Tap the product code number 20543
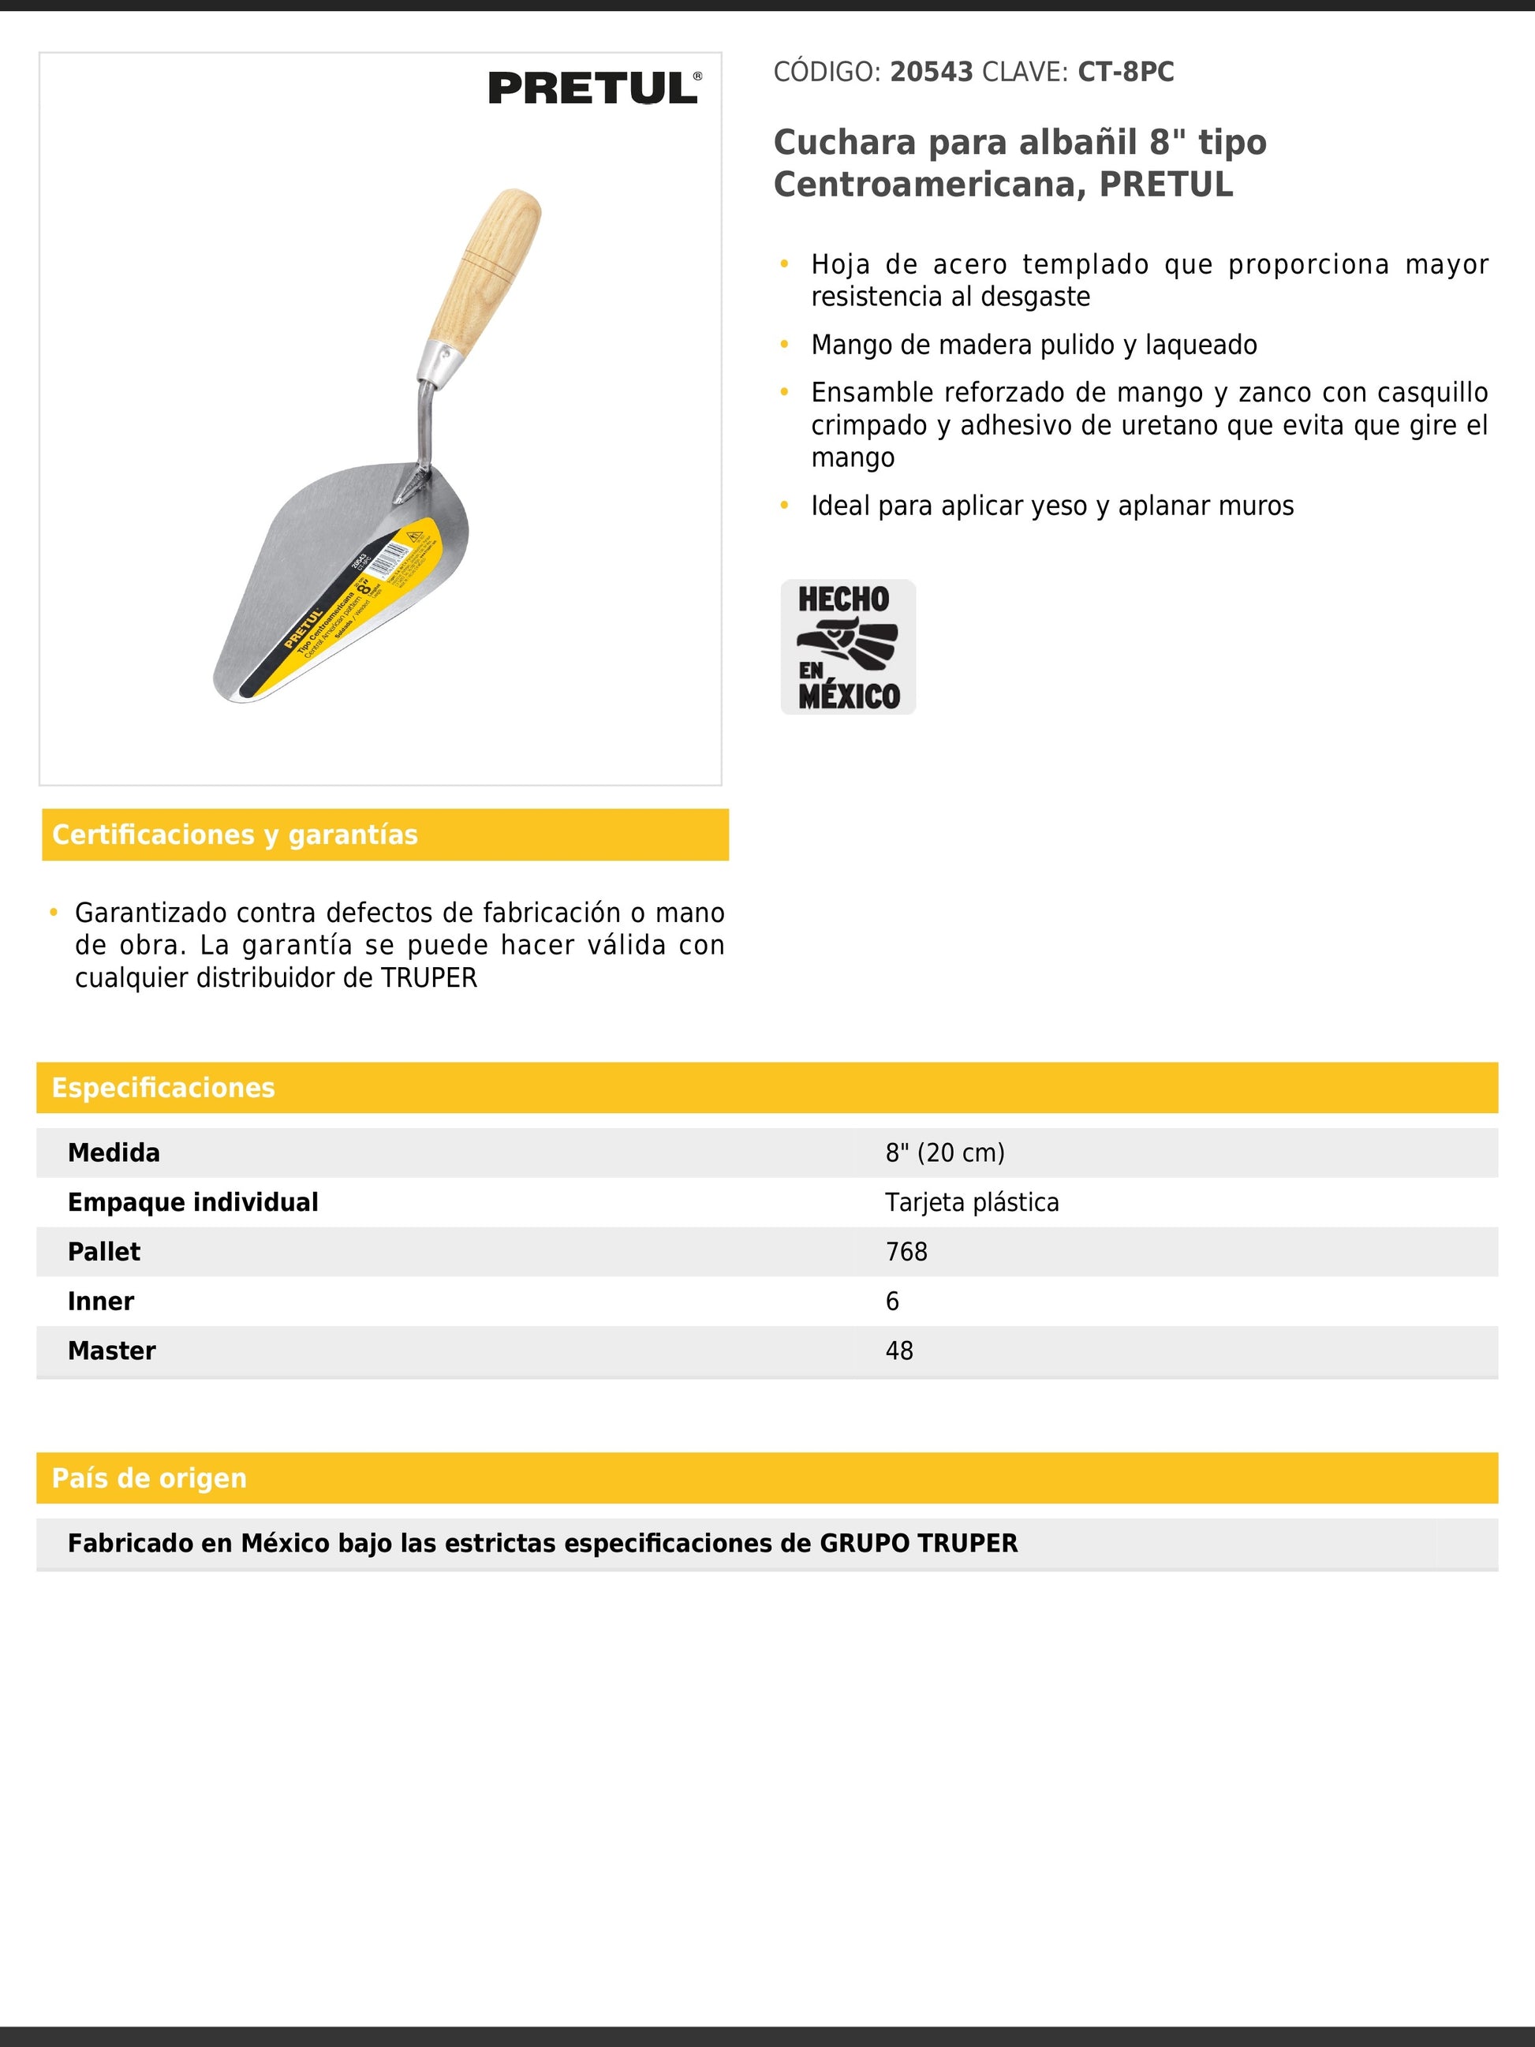(x=931, y=73)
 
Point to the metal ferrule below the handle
(x=438, y=364)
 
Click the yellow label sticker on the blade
(x=357, y=602)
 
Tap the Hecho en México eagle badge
(x=847, y=646)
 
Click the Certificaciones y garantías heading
(x=235, y=835)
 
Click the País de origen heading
(x=149, y=1478)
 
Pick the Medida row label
(x=114, y=1153)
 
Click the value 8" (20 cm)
(x=945, y=1153)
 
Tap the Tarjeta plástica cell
(x=972, y=1202)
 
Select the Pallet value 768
(x=906, y=1252)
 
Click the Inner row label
(x=101, y=1301)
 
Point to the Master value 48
(x=898, y=1351)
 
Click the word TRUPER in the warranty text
(x=429, y=978)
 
